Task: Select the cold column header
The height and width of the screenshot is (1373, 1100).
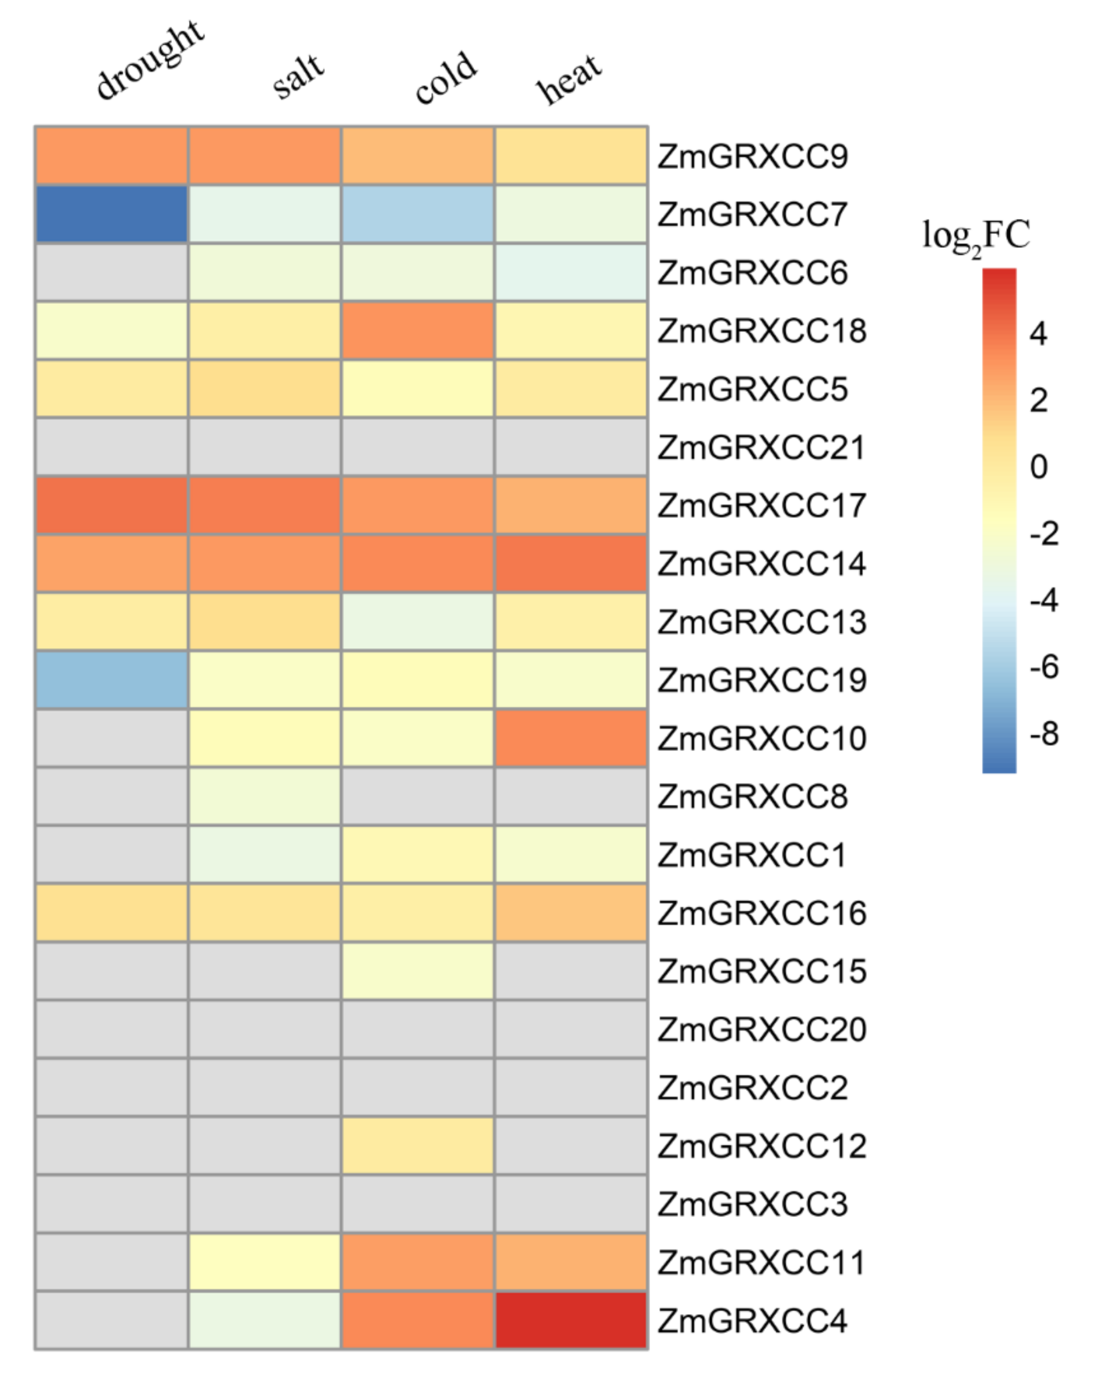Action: pos(445,78)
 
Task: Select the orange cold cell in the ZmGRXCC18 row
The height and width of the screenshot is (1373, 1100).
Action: pos(418,331)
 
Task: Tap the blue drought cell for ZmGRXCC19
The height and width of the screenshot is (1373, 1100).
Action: pos(111,679)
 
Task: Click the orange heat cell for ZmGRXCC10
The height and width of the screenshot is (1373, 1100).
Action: pos(571,738)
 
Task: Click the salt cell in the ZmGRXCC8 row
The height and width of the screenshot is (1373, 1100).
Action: pos(264,796)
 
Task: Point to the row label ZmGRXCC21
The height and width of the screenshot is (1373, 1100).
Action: pos(761,448)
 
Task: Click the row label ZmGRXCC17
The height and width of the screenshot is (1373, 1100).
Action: pos(761,506)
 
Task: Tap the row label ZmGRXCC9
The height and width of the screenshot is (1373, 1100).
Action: pos(752,157)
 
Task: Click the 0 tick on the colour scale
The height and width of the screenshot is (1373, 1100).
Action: pos(1038,467)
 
